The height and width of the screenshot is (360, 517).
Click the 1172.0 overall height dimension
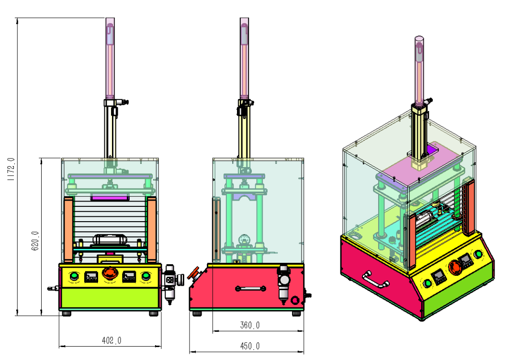[x=11, y=169]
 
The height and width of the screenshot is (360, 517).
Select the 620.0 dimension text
[x=35, y=241]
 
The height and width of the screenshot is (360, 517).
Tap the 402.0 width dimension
[x=112, y=340]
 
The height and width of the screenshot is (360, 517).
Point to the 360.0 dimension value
[x=250, y=326]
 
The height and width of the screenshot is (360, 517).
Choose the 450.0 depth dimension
[x=250, y=346]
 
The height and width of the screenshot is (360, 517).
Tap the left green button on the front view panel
[x=75, y=276]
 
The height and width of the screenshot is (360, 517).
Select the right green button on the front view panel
[x=145, y=276]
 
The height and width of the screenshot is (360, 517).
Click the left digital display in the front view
[x=91, y=277]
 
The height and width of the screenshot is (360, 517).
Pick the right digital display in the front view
[x=129, y=277]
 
